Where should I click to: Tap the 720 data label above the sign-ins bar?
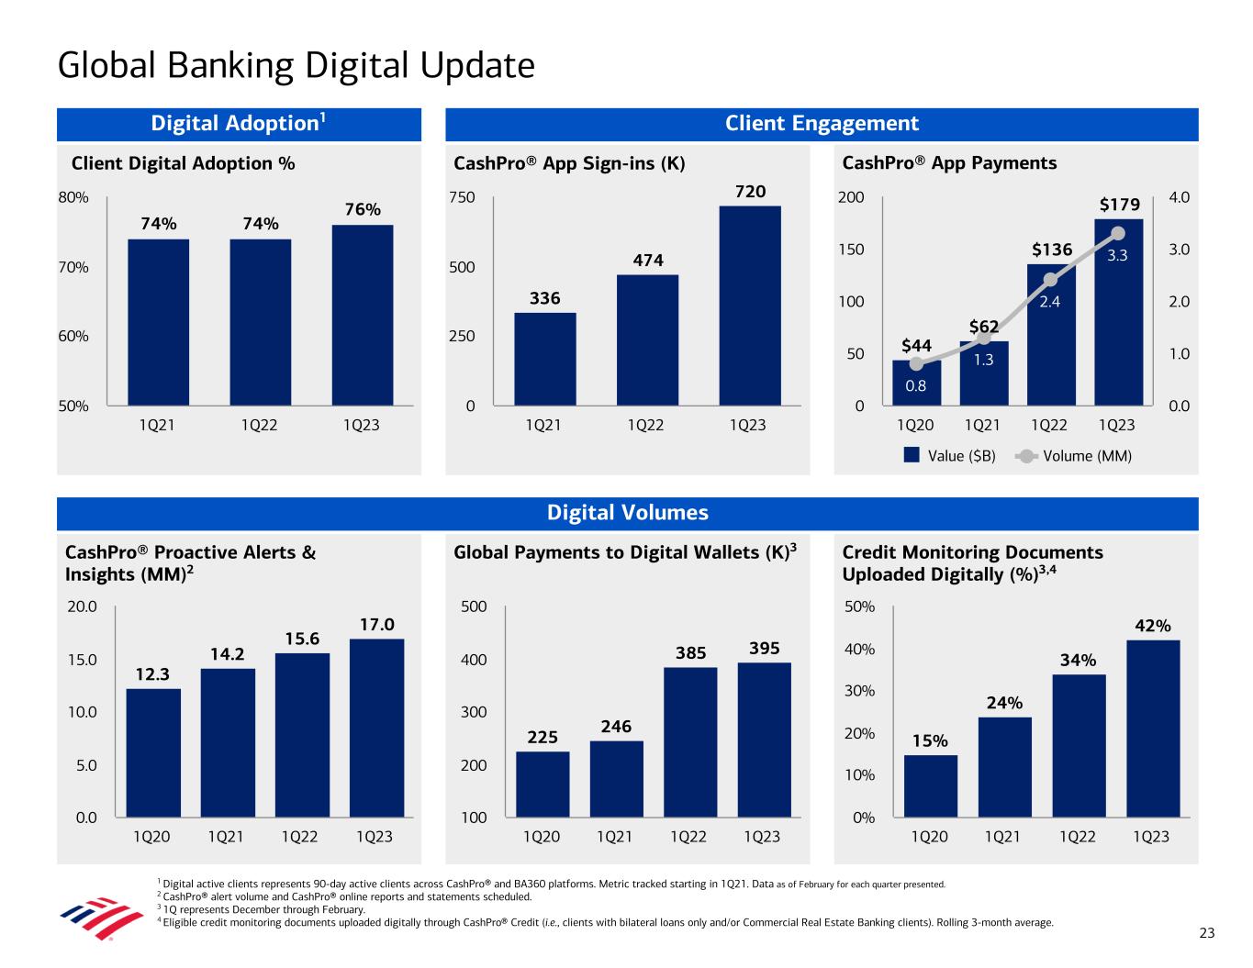point(750,191)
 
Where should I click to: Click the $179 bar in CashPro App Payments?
point(1118,312)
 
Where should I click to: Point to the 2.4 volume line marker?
point(1051,280)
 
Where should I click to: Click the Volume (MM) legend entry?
point(1076,456)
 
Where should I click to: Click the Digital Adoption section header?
point(239,124)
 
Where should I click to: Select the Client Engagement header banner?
point(822,124)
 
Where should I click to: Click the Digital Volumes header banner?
point(628,513)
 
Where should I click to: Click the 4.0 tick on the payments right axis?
point(1179,197)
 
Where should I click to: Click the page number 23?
point(1206,933)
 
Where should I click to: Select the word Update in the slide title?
point(477,66)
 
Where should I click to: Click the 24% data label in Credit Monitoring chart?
point(1004,703)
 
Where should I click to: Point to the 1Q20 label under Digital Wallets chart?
point(541,837)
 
